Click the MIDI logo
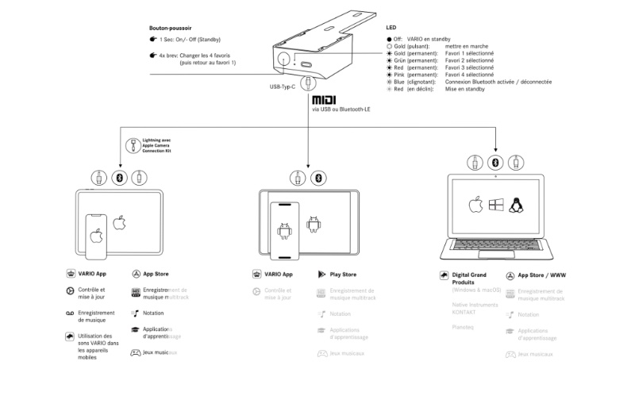click(324, 101)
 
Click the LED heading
click(391, 28)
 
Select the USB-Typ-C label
click(283, 87)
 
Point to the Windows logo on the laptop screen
click(495, 206)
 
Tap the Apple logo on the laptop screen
click(475, 206)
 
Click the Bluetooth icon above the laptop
click(495, 161)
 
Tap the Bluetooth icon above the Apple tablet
click(119, 177)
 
